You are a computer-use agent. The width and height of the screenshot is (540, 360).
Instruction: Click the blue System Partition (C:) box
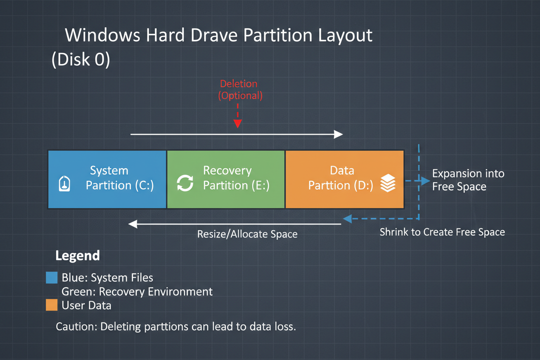(x=107, y=179)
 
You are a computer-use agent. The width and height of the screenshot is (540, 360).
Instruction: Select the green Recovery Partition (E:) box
(x=226, y=179)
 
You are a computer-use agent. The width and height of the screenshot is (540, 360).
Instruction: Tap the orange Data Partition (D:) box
(x=344, y=179)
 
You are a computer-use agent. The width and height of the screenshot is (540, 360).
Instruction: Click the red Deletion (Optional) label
(x=239, y=90)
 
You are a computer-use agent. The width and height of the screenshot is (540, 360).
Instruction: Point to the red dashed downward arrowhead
(x=237, y=124)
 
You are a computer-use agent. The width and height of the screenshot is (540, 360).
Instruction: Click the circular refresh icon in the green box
(x=185, y=183)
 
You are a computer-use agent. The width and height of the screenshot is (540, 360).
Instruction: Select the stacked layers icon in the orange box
(x=388, y=183)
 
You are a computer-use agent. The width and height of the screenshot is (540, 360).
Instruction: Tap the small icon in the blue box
(x=64, y=183)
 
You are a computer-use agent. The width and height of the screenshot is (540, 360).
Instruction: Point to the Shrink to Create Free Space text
(x=442, y=232)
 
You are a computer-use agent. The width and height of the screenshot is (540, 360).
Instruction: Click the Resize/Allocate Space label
(x=247, y=234)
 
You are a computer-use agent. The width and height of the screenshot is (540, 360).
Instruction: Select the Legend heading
(x=77, y=256)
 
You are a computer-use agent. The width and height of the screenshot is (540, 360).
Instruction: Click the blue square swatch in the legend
(x=51, y=277)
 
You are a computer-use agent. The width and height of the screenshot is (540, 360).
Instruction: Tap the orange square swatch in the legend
(x=51, y=305)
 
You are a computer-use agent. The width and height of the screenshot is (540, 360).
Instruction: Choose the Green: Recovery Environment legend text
(x=137, y=291)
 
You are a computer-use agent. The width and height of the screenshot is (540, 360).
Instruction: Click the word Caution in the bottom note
(x=76, y=326)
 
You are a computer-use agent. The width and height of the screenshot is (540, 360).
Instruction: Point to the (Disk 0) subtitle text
(x=81, y=60)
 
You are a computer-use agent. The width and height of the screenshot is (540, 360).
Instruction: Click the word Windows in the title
(x=103, y=35)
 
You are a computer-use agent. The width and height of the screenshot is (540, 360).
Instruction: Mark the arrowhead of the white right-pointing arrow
(x=338, y=135)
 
